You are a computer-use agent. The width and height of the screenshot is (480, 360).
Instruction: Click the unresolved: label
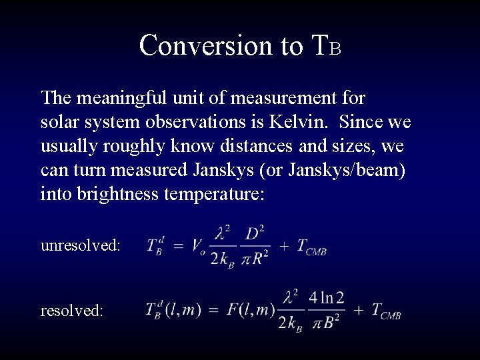81,245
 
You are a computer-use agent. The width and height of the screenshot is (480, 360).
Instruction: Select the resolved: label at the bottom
72,311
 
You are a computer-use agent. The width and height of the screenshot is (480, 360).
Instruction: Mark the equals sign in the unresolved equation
178,246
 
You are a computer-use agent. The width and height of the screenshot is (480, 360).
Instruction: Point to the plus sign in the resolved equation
358,310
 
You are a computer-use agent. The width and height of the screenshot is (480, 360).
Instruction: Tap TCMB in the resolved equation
385,311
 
